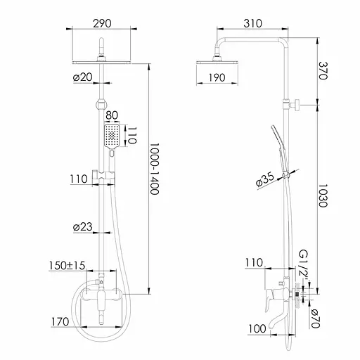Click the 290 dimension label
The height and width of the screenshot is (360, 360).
click(102, 23)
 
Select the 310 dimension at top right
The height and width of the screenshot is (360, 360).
click(252, 23)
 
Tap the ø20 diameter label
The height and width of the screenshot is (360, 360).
click(83, 77)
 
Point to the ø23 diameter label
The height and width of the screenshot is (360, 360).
click(83, 227)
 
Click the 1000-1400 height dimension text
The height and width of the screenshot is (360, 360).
click(155, 169)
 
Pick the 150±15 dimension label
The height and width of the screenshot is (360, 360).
click(67, 266)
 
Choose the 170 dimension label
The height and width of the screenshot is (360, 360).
click(60, 322)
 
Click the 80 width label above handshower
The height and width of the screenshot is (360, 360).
click(112, 115)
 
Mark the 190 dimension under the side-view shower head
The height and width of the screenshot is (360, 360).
click(217, 77)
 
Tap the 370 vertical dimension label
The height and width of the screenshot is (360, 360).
click(323, 71)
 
